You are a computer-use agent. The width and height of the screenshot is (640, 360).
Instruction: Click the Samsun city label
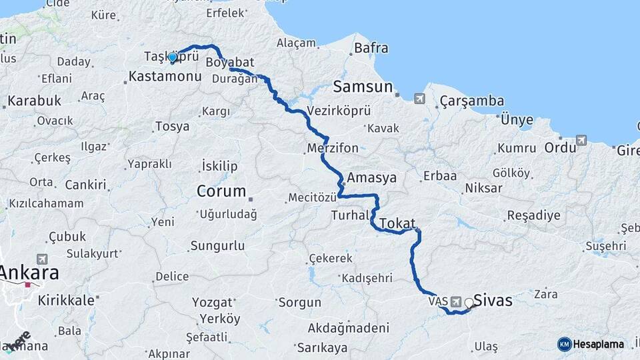coord(363,87)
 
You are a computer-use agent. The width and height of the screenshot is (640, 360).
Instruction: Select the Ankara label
coord(29,273)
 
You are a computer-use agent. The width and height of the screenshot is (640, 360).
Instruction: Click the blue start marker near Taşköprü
coord(173,57)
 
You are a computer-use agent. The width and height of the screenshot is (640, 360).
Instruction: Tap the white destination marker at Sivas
coord(469,303)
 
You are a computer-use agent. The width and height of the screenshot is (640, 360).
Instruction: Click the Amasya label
coord(372,178)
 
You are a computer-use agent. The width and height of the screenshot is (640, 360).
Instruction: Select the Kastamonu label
coord(165,77)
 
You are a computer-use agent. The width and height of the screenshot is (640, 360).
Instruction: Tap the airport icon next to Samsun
coord(419,99)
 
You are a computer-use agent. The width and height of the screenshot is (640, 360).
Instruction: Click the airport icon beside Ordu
coord(581,141)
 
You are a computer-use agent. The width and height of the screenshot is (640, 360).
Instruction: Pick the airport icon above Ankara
coord(42,259)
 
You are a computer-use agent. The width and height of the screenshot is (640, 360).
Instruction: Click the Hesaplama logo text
coord(599,344)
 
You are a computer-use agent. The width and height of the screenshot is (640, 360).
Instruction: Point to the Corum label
coord(221,191)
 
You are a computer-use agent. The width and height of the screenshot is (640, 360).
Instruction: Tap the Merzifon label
coord(333,147)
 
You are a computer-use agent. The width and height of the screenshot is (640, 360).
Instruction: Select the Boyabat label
coord(230,63)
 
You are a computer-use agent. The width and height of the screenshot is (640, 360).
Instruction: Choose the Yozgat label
coord(212,302)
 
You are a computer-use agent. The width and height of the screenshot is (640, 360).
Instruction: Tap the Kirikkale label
coord(65,300)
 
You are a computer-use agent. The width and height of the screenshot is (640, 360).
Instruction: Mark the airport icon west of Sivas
coord(456,301)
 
